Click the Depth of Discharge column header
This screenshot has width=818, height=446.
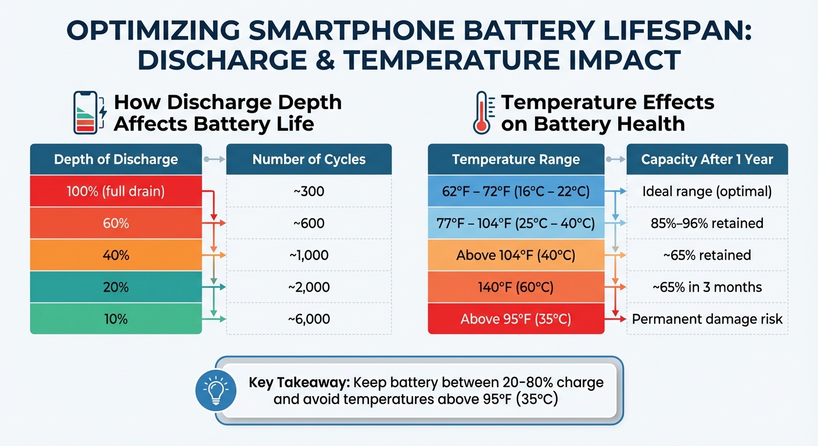pos(116,159)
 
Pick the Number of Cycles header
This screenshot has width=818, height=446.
pos(308,159)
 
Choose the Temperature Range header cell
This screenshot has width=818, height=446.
pos(516,159)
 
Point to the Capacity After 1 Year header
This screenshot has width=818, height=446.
pos(707,159)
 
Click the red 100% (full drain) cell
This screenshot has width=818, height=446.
pos(116,191)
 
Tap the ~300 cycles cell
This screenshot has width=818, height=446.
pos(308,191)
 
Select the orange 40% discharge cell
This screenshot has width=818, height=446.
pos(116,255)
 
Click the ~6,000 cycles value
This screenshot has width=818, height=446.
pos(308,319)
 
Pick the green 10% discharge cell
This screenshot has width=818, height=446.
pos(116,319)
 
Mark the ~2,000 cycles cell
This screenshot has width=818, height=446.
pos(308,287)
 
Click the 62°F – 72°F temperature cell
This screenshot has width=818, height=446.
pos(516,191)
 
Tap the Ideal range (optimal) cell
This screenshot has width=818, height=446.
pos(707,191)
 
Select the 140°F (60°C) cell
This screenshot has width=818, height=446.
pos(516,287)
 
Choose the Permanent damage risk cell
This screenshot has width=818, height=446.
pos(707,319)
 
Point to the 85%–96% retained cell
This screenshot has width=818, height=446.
pos(707,223)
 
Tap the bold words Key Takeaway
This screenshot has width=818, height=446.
pos(299,383)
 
